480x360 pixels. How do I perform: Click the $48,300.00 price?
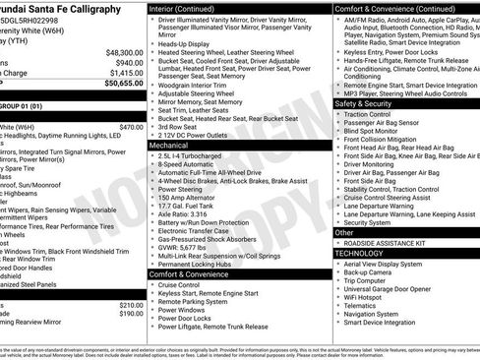coord(124,51)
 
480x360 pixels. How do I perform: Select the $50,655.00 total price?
coord(124,84)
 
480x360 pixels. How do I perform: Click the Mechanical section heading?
coord(169,145)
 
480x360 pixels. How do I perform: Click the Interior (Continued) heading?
coord(190,8)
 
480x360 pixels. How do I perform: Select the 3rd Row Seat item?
coord(178,126)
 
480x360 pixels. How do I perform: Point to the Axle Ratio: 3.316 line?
coord(184,212)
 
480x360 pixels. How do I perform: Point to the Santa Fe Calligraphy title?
coord(65,8)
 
